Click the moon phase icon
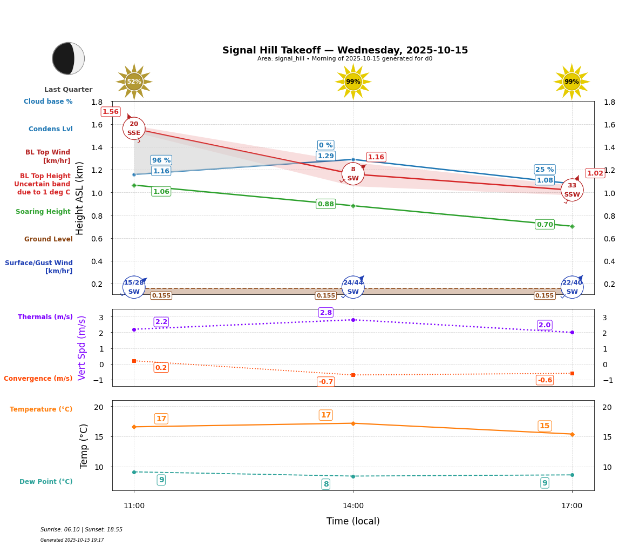click(68, 58)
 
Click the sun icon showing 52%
click(134, 82)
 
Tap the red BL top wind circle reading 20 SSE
click(134, 129)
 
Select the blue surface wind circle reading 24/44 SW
click(353, 287)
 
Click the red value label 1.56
click(111, 112)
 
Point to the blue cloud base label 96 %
click(161, 160)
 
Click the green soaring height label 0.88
click(325, 204)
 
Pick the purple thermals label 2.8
click(326, 313)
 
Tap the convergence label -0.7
click(325, 382)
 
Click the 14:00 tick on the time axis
click(353, 506)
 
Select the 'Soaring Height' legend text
click(43, 212)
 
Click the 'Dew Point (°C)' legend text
click(46, 482)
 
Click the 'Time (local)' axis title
click(353, 521)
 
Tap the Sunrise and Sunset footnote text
click(81, 530)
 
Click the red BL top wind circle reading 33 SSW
click(572, 190)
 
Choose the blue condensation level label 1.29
click(325, 156)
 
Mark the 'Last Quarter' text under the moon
click(68, 90)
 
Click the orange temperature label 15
click(545, 426)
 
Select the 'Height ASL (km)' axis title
click(80, 198)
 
